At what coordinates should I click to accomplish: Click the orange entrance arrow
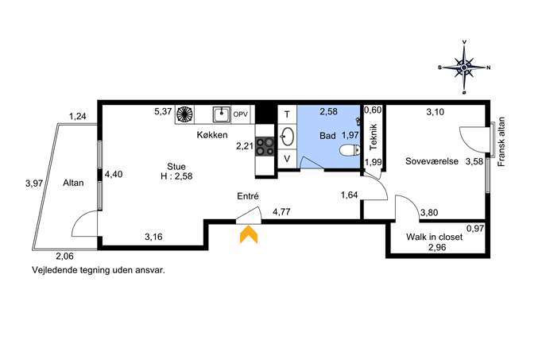click(249, 234)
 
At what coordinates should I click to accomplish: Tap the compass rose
click(464, 68)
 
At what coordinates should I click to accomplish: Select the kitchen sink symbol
click(222, 114)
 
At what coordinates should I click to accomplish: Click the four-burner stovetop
click(265, 146)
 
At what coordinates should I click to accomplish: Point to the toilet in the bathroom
click(349, 150)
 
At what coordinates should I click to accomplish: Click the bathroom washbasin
click(287, 137)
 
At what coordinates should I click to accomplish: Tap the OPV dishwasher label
click(241, 114)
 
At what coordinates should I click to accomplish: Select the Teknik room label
click(374, 137)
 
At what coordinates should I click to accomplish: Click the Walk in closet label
click(434, 237)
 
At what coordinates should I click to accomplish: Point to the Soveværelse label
click(432, 161)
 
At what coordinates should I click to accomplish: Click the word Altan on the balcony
click(73, 183)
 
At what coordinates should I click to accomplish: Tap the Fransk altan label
click(501, 141)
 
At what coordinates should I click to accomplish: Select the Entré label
click(248, 196)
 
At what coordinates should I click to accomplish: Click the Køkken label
click(212, 135)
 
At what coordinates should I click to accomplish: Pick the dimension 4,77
click(281, 211)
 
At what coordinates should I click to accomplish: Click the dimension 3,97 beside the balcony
click(34, 183)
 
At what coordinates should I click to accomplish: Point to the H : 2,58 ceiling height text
click(176, 176)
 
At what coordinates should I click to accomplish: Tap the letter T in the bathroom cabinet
click(287, 114)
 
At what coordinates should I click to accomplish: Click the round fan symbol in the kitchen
click(184, 114)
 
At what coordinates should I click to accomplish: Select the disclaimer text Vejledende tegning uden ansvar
click(99, 270)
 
